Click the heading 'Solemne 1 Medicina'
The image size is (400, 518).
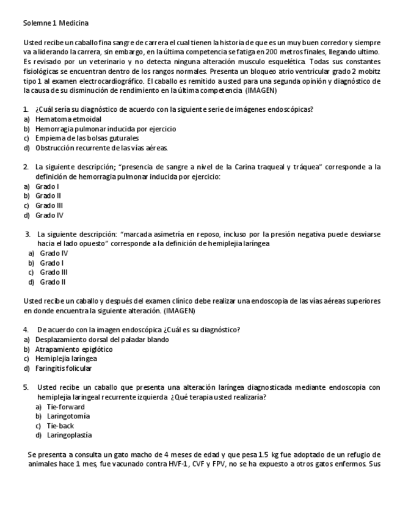(56, 23)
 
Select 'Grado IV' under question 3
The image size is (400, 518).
(54, 253)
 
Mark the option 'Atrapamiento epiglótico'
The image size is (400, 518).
(74, 349)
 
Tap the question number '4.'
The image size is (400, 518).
(26, 330)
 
